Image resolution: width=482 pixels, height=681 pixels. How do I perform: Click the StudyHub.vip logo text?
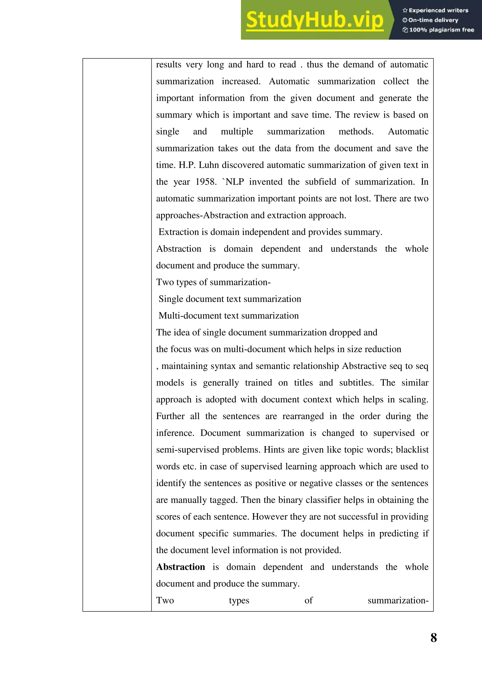[315, 20]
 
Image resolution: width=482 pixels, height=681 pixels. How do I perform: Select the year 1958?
[206, 182]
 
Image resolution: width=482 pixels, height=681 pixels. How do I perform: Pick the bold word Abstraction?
[181, 567]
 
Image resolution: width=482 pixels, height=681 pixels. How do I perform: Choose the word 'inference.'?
[175, 433]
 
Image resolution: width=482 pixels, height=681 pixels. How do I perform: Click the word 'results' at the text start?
[169, 64]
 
